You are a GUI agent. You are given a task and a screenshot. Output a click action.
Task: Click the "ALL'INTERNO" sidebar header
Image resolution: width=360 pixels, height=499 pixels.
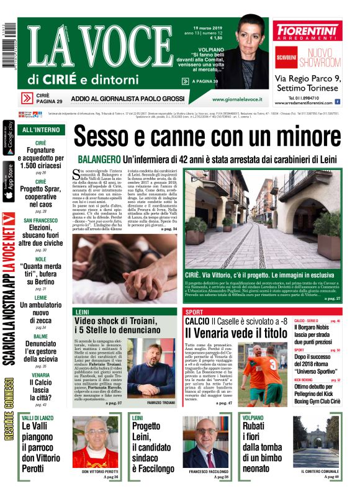(x=40, y=130)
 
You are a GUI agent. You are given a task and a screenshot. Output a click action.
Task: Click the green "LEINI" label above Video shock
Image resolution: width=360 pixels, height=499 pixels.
(x=81, y=311)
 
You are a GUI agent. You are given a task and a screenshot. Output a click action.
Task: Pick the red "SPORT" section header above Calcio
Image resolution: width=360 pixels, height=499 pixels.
(x=194, y=311)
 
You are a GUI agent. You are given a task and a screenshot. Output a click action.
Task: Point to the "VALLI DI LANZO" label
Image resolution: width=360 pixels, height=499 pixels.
(x=39, y=418)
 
